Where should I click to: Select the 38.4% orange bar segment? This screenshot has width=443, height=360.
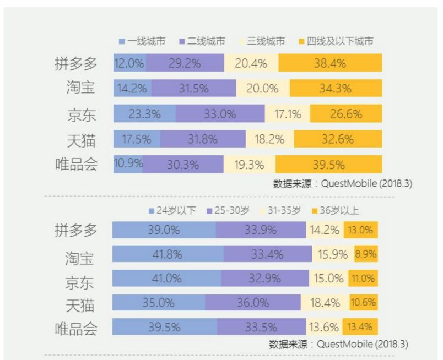[x=330, y=63]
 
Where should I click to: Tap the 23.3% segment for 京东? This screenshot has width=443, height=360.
[x=144, y=114]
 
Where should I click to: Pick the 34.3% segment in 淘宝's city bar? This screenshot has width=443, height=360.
[x=336, y=89]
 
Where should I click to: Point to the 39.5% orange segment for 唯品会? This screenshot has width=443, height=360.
[x=329, y=165]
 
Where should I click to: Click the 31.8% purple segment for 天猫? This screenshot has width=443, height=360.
[x=202, y=139]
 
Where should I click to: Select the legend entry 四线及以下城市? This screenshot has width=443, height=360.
[x=337, y=41]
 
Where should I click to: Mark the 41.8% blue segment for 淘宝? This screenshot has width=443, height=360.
[x=168, y=254]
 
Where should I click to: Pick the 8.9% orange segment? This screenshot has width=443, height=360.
[x=366, y=254]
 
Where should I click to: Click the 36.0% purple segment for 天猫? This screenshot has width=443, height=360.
[x=253, y=302]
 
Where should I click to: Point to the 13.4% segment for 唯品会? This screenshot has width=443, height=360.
[x=360, y=327]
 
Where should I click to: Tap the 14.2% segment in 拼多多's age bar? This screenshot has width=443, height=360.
[x=325, y=230]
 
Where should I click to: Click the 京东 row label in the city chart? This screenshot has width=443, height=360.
[x=81, y=115]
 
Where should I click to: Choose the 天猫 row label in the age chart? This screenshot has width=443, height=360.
[x=81, y=303]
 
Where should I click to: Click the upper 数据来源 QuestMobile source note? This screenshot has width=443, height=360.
[x=342, y=184]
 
